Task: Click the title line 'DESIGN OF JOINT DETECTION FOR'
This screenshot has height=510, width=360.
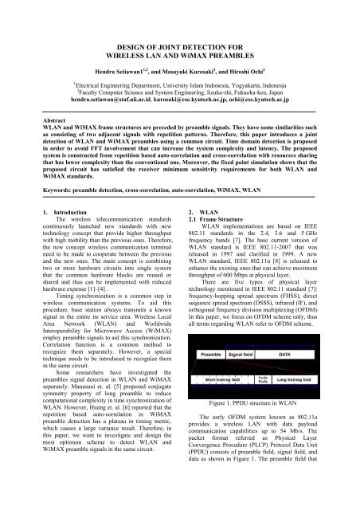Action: click(x=180, y=18)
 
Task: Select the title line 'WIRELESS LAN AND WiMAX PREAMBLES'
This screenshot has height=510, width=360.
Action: click(x=180, y=30)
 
